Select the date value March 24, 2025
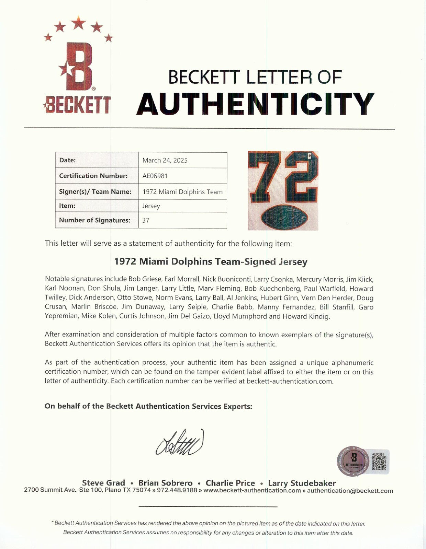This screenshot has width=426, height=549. [165, 160]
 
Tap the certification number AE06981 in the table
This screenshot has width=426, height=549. [155, 176]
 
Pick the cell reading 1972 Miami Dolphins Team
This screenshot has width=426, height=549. [182, 192]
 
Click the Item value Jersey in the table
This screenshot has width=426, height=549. [151, 206]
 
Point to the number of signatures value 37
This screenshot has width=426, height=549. [146, 220]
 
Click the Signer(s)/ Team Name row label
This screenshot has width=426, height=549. [95, 192]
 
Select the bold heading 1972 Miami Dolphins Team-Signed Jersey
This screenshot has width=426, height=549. [211, 262]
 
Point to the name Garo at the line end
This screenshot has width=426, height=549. [366, 307]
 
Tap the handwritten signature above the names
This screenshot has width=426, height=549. [180, 443]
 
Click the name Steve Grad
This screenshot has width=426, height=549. [103, 483]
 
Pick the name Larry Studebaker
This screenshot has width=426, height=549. [302, 483]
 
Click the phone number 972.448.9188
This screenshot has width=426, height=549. [177, 491]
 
